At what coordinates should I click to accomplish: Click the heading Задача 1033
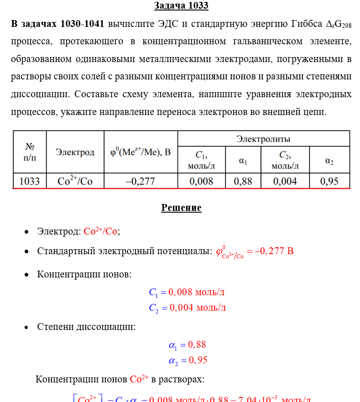181,6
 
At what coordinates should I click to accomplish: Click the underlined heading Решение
181,208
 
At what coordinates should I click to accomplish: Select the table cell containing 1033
30,181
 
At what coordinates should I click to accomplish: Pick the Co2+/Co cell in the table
75,181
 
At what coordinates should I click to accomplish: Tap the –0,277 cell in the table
141,181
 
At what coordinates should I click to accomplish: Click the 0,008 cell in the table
201,181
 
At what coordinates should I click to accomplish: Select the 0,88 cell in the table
243,181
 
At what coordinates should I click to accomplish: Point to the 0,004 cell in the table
285,181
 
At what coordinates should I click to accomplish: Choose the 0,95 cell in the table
329,181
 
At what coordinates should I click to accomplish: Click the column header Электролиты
263,139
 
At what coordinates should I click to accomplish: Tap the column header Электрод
75,152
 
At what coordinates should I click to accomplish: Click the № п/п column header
30,152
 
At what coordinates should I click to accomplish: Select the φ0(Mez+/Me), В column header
141,152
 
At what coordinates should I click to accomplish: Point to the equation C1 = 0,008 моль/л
187,292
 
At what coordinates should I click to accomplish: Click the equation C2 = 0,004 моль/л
187,308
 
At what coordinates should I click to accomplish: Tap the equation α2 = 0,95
188,360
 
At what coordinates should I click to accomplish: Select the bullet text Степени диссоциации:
86,327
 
